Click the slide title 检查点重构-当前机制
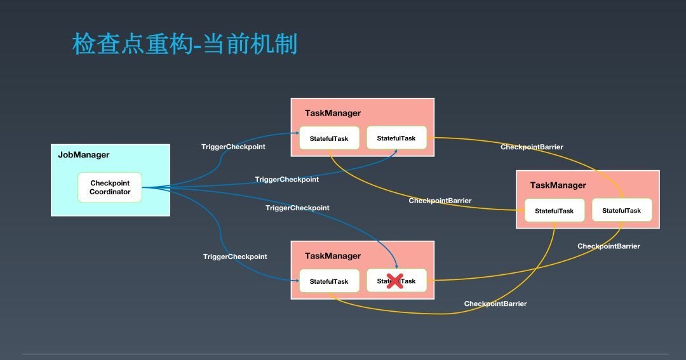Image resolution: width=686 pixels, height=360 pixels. point(185,45)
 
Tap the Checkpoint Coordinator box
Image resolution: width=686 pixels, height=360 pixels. point(110,187)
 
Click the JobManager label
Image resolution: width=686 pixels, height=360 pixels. point(84,155)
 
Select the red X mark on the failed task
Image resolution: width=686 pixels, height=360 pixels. point(395,281)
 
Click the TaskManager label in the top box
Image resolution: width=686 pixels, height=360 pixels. point(332,113)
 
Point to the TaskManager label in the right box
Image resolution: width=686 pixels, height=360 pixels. point(558,185)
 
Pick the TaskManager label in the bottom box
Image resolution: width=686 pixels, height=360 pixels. point(332,256)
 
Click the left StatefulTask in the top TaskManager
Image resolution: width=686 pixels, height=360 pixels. point(329,138)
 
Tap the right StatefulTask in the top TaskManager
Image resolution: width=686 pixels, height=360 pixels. point(396,138)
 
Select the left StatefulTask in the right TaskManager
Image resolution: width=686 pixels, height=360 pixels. point(554,211)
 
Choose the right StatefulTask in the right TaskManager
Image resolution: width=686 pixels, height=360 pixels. point(621,211)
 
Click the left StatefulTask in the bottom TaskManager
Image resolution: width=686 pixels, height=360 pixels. point(329,281)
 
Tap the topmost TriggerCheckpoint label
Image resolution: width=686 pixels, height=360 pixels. point(233,147)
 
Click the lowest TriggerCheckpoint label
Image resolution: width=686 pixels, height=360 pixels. point(235,257)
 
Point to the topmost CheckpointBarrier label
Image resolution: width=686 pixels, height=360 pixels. point(532,147)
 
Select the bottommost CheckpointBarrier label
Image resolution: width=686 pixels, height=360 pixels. point(495,303)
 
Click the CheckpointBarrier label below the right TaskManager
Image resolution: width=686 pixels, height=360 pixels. point(609,246)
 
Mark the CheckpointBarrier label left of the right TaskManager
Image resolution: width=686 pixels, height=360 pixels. point(440,201)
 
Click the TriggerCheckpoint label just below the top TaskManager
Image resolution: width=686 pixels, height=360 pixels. point(287,180)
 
